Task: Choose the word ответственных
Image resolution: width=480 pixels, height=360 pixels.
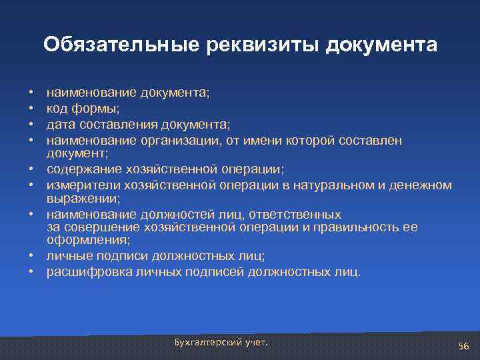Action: coord(299,215)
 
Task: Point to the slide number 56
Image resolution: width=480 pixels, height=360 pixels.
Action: coord(464,345)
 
